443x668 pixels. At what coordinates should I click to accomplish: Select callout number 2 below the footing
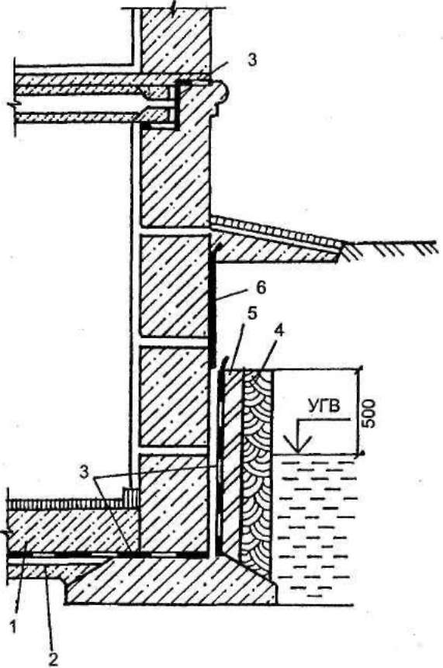point(53,659)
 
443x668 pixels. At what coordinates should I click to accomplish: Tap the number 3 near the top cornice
point(253,60)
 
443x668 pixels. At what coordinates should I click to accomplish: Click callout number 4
point(279,332)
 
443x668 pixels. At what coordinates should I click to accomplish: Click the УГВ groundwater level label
point(324,406)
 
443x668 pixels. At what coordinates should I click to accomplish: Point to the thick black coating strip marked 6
point(213,305)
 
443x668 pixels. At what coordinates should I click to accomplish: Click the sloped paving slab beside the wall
point(277,240)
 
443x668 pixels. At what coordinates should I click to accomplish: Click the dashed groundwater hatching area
point(314,528)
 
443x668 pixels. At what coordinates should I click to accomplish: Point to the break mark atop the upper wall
point(172,7)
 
